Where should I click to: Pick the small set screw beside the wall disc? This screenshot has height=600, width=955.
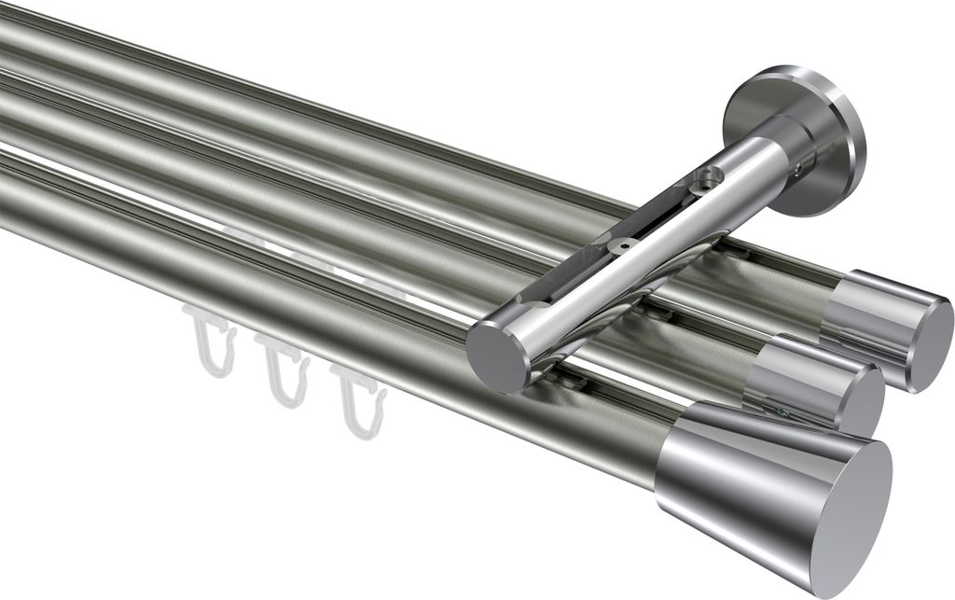[800, 168]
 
